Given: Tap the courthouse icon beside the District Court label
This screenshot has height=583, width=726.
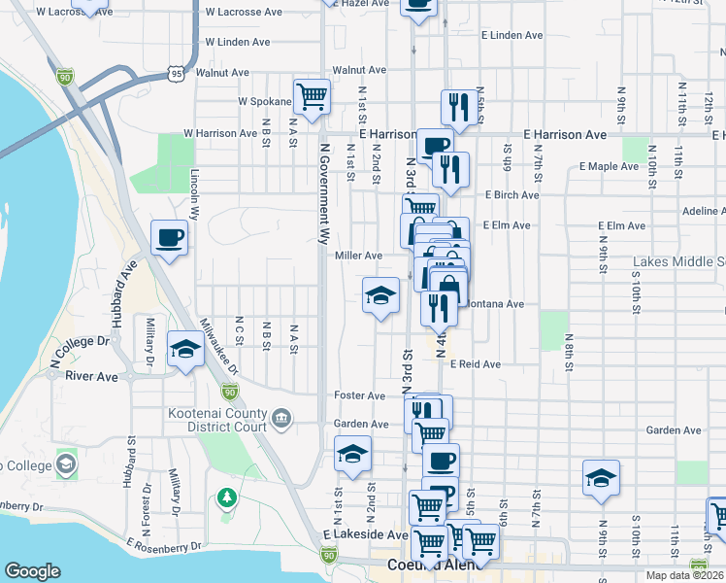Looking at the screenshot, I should point(281,419).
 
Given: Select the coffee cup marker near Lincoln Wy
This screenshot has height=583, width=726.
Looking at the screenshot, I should point(170,237).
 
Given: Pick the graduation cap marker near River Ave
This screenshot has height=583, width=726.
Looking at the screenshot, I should point(184,349).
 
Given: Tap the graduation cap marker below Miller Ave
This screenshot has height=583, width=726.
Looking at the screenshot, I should point(380,295).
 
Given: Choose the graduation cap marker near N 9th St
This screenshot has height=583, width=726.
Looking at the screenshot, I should point(601,477).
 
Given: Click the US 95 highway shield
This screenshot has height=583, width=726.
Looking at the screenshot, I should point(175,73).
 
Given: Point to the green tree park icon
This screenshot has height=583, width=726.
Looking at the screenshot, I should point(227,497).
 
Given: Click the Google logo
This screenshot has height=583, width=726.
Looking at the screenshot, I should point(32,571).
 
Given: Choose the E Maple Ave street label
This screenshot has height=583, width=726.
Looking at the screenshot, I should point(609,166).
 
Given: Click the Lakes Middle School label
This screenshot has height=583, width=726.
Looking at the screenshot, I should point(679,262).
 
